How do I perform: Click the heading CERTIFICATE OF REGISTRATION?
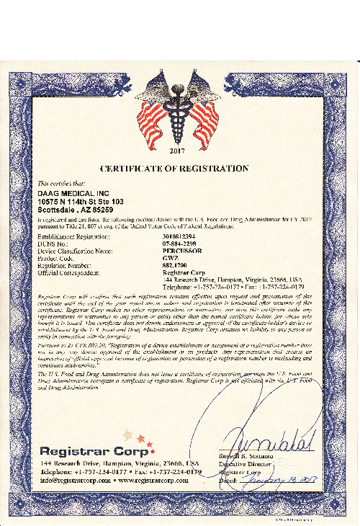point(174,169)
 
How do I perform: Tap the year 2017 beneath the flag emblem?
point(177,151)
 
